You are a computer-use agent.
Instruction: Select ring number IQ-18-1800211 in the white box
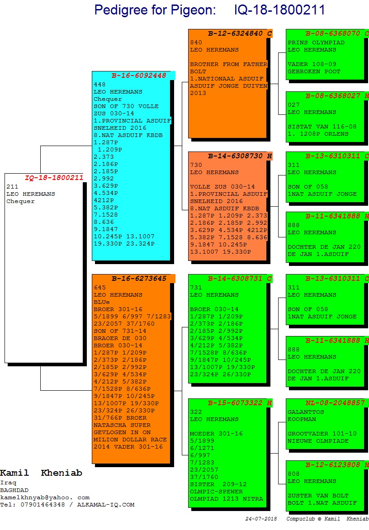[x=54, y=178]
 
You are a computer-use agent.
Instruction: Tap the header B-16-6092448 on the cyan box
[x=139, y=76]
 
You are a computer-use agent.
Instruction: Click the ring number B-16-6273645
[x=139, y=279]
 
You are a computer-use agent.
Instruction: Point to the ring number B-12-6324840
[x=235, y=33]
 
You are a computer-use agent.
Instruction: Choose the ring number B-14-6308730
[x=235, y=156]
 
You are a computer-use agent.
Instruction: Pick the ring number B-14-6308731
[x=235, y=279]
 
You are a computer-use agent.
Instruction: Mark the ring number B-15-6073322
[x=235, y=403]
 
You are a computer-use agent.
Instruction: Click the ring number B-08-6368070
[x=333, y=33]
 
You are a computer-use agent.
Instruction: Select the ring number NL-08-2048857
[x=335, y=403]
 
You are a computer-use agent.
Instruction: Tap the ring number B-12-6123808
[x=333, y=465]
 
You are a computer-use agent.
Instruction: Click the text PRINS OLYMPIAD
[x=316, y=43]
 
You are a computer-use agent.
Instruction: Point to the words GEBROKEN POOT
[x=314, y=71]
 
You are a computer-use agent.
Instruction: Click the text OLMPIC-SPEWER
[x=216, y=492]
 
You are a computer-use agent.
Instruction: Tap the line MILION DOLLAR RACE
[x=130, y=440]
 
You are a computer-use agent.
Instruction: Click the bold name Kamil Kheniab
[x=41, y=473]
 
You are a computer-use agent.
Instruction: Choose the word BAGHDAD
[x=14, y=490]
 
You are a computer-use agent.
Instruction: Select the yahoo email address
[x=45, y=497]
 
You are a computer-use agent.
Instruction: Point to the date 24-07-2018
[x=261, y=519]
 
